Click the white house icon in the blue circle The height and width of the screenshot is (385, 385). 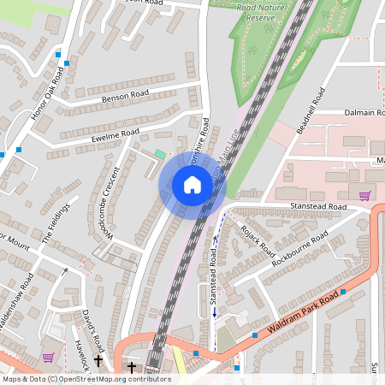[x=192, y=185]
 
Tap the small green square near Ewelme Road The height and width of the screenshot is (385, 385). [x=159, y=154]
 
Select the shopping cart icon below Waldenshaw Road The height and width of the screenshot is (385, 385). [x=49, y=357]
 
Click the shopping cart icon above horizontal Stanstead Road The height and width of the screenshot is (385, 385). [x=365, y=195]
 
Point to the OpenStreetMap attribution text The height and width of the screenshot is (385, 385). [x=86, y=379]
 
